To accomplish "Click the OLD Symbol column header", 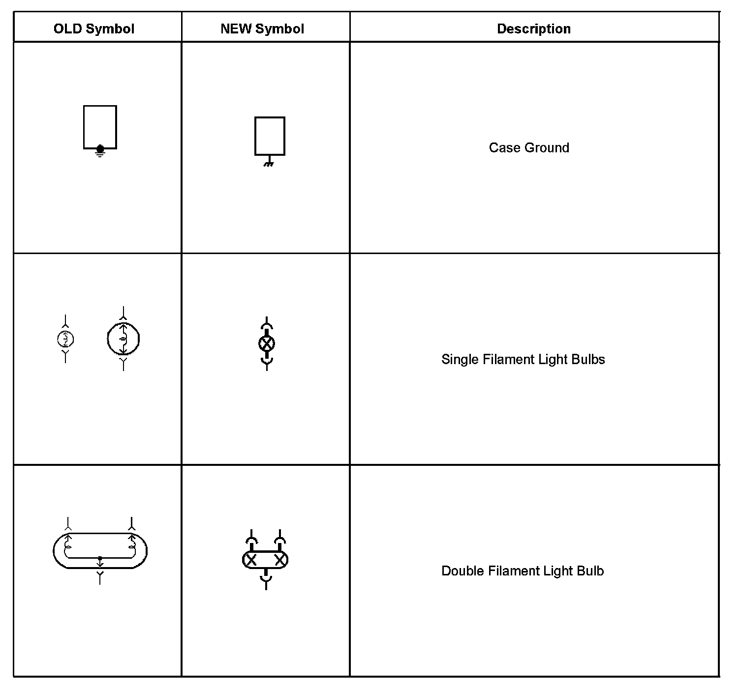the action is click(x=93, y=29).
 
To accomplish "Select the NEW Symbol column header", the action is click(x=262, y=29).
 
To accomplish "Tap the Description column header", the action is click(x=534, y=29).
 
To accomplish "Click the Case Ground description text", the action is click(x=529, y=147).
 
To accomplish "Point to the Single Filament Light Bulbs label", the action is click(x=523, y=359).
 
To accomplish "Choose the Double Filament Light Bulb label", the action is click(x=523, y=571).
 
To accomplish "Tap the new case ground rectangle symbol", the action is click(x=270, y=135).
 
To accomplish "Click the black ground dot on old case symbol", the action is click(x=100, y=148).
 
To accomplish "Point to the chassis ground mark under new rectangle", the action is click(x=268, y=163).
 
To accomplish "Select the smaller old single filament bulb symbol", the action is click(x=65, y=339).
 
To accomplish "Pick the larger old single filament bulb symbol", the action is click(x=123, y=339).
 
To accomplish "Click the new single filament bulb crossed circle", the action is click(x=267, y=343).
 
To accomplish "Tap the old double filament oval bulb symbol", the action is click(x=100, y=550).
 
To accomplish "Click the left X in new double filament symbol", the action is click(x=251, y=560).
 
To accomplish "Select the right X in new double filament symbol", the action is click(x=280, y=560).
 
